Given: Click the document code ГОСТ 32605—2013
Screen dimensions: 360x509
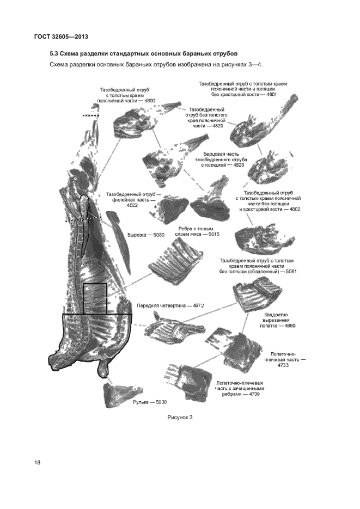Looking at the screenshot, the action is [x=60, y=36].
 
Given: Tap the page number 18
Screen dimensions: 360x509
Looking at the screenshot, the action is [x=37, y=463].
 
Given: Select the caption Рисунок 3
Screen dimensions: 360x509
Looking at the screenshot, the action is [x=180, y=418].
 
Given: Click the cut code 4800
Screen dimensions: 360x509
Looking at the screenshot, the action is [x=150, y=101].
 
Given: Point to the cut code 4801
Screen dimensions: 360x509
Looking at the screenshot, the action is [x=271, y=95].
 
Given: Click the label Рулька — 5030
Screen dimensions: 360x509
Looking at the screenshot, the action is [x=150, y=402].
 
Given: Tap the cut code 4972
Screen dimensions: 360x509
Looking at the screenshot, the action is [x=198, y=305].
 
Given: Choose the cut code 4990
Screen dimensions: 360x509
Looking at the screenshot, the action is [x=290, y=326].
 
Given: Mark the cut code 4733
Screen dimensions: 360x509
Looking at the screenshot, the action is [x=283, y=365].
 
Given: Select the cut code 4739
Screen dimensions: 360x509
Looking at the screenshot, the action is [x=254, y=395].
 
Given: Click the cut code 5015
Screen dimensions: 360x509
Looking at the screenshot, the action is [x=214, y=234].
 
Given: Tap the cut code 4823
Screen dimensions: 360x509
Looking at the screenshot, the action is [x=239, y=165].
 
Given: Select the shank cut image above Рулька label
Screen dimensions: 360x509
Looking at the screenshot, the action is [x=119, y=395].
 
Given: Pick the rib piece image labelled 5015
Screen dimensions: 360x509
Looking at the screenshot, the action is [x=175, y=258].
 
